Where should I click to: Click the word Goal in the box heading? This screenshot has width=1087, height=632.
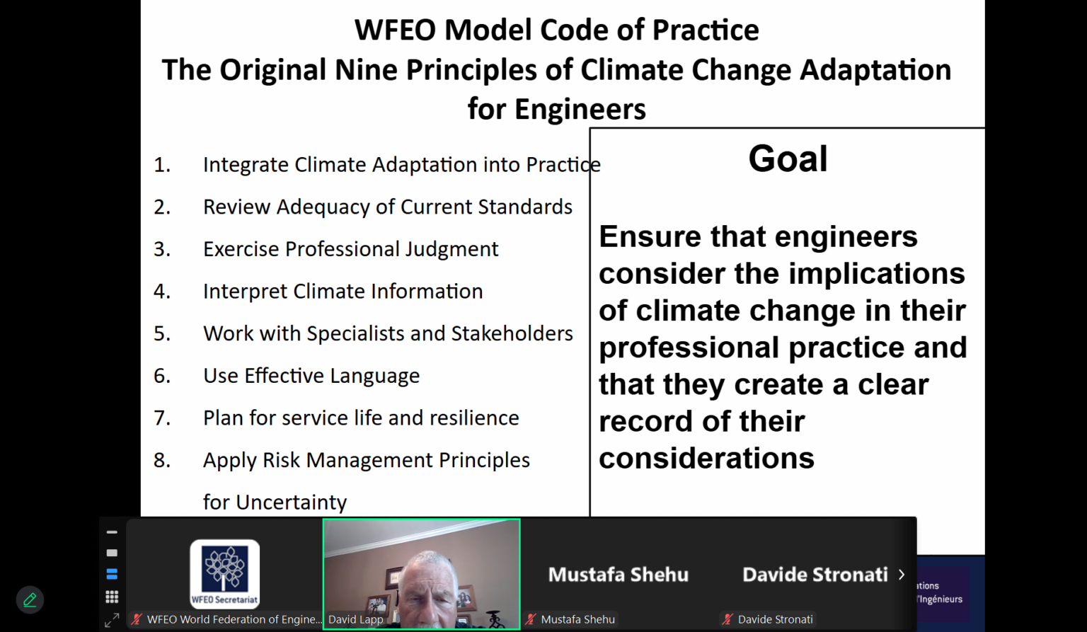coord(788,159)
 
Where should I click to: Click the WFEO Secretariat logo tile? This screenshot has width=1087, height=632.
coord(224,574)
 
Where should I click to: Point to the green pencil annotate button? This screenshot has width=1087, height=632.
coord(30,600)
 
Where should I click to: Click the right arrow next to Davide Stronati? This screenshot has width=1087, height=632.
coord(901,574)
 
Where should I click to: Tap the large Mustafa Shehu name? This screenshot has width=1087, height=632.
coord(619,574)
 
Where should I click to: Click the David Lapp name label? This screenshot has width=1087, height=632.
coord(356,619)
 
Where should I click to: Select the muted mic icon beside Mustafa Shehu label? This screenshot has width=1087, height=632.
coord(531,619)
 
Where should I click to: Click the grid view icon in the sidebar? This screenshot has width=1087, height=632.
coord(112,597)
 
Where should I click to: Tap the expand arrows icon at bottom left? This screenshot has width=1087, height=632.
coord(112,621)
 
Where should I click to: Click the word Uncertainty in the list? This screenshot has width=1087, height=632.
coord(291,502)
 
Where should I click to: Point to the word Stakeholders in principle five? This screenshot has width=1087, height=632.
coord(512,333)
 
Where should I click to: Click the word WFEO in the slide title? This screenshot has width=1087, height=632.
coord(395,30)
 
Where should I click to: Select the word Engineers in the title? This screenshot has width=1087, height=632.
coord(580,109)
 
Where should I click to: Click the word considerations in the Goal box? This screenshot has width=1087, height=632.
coord(706,458)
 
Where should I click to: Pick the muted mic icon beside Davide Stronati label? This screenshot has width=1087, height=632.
coord(727,619)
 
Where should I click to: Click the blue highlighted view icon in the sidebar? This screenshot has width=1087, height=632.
coord(112,574)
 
